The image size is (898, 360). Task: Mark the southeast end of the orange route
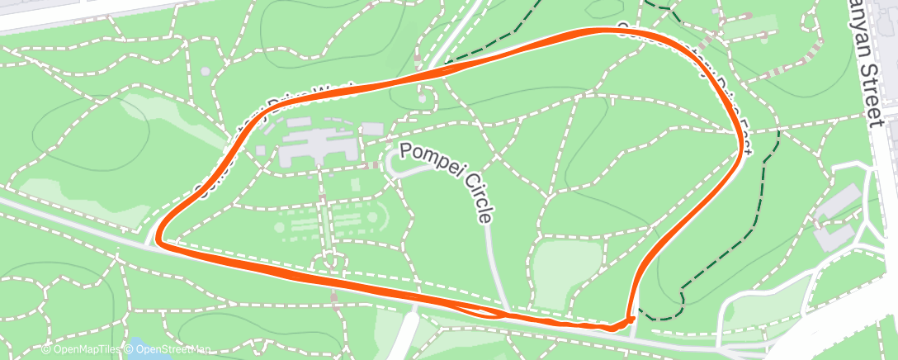(631, 317)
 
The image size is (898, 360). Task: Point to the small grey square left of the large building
(261, 150)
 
